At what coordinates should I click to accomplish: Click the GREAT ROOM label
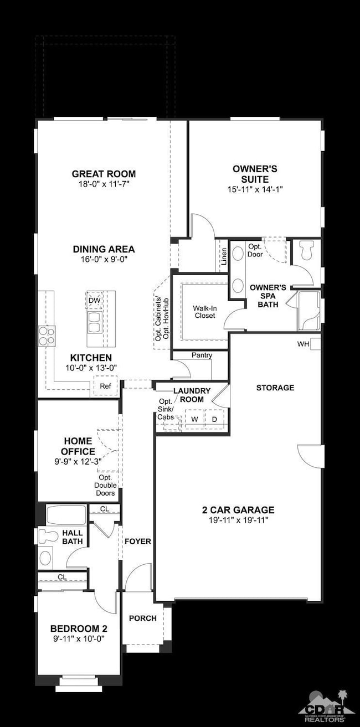click(104, 174)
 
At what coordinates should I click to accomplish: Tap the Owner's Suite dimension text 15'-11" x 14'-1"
click(255, 189)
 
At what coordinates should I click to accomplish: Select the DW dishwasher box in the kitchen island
click(95, 300)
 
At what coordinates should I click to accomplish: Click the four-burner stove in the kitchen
click(47, 336)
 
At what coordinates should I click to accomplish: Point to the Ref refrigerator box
click(105, 386)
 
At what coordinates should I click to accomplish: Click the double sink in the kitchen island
click(95, 322)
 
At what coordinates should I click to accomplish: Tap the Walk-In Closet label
click(205, 312)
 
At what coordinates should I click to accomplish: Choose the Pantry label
click(202, 355)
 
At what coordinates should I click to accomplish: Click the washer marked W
click(194, 419)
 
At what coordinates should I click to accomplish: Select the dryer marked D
click(214, 419)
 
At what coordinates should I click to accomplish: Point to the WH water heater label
click(303, 344)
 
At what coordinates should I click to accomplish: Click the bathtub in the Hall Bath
click(66, 515)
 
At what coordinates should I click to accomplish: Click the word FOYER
click(138, 542)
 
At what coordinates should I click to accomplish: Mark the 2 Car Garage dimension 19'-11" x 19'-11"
click(238, 520)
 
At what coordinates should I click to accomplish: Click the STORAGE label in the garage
click(275, 388)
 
